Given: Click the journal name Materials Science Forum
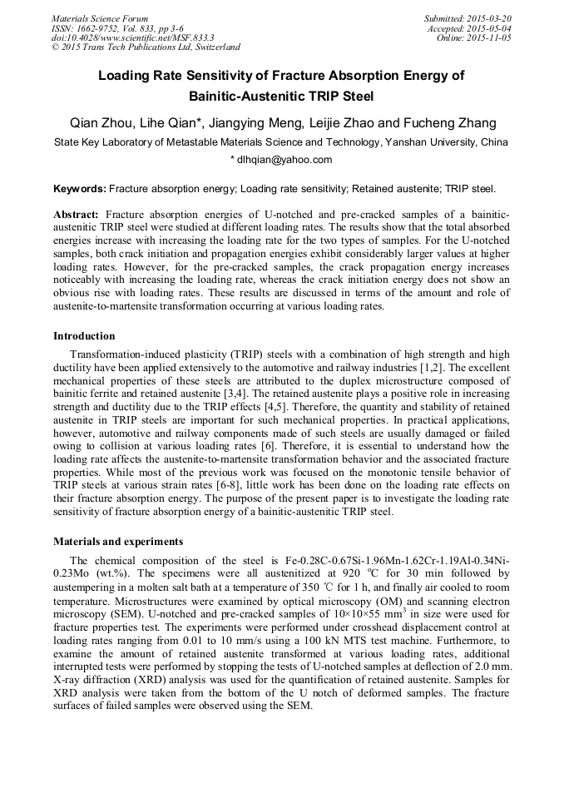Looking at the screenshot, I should pos(100,18).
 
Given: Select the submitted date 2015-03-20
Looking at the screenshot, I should pos(490,18).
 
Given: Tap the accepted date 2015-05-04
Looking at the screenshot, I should pos(490,28).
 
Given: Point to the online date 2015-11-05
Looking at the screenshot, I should pos(490,37).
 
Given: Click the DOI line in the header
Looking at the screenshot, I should pos(132,37).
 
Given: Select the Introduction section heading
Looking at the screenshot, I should pos(84,336).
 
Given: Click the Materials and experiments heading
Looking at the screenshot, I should pos(118,542).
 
